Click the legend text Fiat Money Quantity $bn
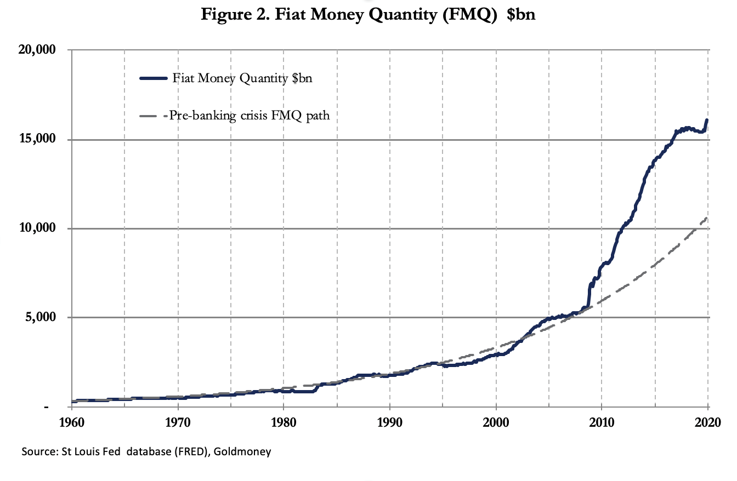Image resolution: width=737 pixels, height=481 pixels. click(242, 78)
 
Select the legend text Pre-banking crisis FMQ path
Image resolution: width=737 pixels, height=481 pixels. click(250, 116)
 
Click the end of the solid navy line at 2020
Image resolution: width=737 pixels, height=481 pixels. click(707, 120)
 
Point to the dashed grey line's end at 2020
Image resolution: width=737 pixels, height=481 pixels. click(707, 218)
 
